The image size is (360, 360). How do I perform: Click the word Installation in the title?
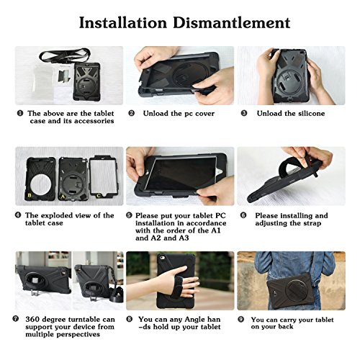123,23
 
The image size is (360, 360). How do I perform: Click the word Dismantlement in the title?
232,23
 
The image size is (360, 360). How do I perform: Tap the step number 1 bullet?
20,113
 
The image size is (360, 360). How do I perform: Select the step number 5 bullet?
129,215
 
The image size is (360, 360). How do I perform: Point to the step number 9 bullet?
241,319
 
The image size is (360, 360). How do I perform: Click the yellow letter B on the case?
30,195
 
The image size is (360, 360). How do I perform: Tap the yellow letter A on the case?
63,197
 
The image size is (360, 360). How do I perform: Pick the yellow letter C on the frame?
99,196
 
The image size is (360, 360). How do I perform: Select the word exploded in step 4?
58,215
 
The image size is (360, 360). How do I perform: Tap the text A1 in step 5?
215,230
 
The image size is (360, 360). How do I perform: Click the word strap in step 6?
310,223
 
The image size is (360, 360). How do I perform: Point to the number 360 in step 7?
33,320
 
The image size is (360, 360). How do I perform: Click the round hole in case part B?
40,184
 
